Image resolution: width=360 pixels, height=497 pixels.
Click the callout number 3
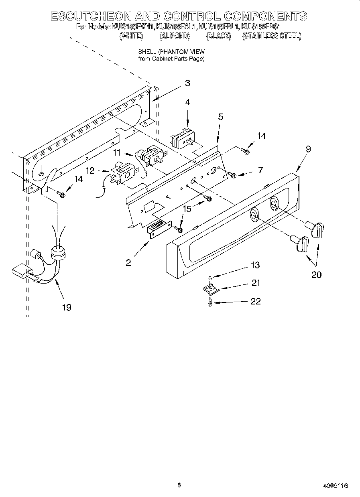187,83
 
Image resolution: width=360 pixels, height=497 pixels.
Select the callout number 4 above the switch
187,102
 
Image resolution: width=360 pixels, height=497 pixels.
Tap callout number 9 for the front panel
308,149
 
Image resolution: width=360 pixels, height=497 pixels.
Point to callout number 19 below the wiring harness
67,307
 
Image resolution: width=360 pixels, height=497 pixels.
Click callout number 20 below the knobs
316,275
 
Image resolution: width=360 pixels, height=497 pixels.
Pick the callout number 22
255,301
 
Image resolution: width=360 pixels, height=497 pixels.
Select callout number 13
255,265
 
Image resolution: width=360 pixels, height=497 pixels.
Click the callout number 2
128,263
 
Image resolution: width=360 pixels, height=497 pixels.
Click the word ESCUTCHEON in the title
91,16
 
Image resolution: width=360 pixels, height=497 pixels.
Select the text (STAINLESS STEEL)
271,36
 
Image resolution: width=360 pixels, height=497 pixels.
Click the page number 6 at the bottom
179,485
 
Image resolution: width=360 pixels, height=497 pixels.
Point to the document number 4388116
335,486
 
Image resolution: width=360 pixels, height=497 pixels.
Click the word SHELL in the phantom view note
147,52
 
